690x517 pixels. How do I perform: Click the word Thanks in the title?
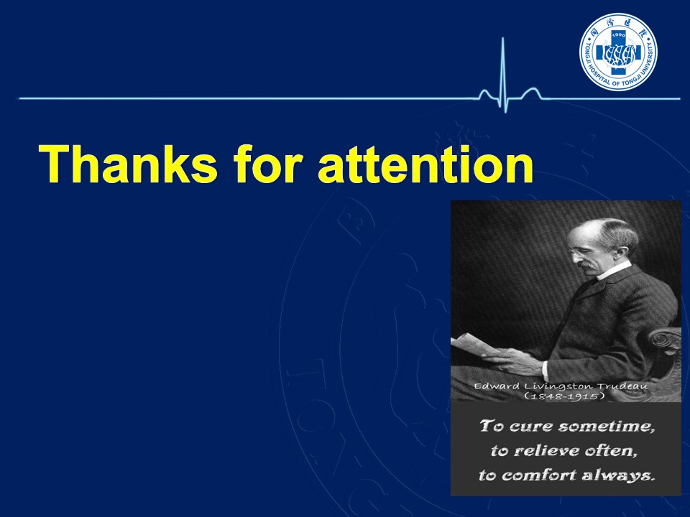tap(128, 164)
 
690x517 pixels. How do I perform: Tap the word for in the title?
tap(268, 163)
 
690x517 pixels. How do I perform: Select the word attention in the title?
tap(425, 164)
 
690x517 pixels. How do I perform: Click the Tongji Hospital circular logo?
tap(618, 52)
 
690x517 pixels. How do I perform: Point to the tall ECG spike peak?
tap(502, 38)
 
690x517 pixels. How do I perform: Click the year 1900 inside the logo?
tap(619, 34)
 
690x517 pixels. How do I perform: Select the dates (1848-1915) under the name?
tap(564, 396)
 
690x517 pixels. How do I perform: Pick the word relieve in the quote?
tap(547, 451)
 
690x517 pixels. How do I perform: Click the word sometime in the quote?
tap(607, 427)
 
